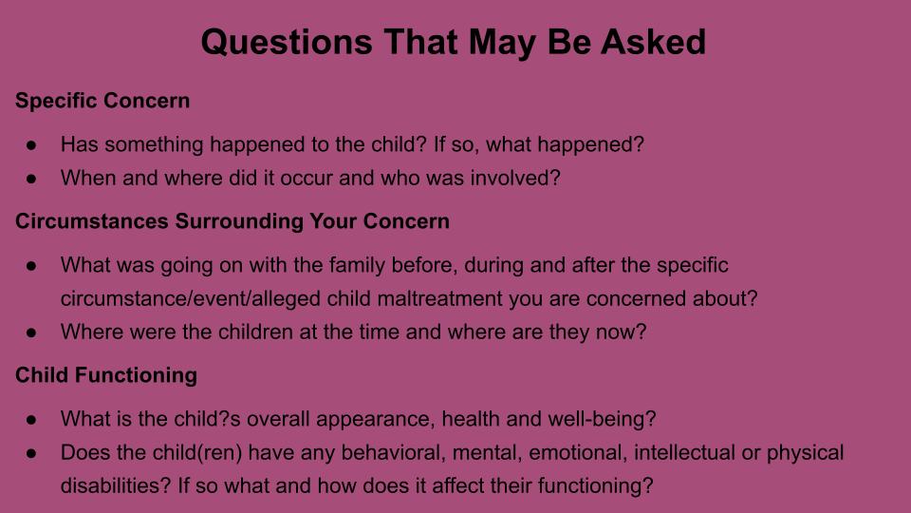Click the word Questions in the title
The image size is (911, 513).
287,43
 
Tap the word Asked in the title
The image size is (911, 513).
653,43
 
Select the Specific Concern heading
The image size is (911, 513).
102,101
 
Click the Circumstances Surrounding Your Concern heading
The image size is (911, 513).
232,221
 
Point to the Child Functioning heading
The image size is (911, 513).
106,375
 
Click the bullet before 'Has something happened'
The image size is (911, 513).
31,144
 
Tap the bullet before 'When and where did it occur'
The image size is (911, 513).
31,179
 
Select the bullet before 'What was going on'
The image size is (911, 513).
31,266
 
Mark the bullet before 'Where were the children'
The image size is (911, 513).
31,332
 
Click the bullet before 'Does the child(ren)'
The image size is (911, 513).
31,453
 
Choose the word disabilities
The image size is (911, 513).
116,485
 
